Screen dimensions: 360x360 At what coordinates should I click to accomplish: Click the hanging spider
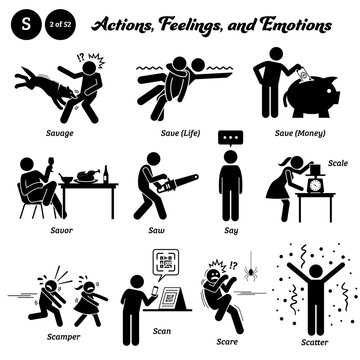pos(245,270)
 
